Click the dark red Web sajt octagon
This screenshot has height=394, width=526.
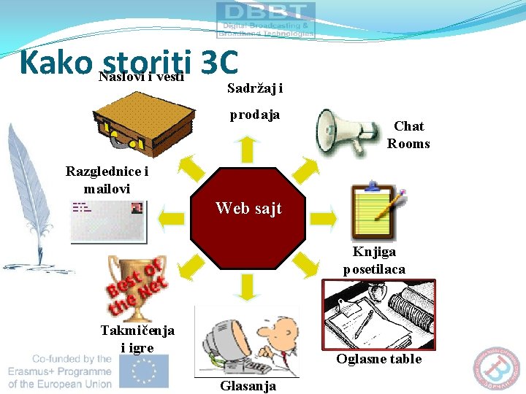tap(248, 220)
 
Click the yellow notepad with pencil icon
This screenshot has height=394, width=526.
tap(377, 211)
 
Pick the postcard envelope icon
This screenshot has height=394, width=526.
tap(107, 220)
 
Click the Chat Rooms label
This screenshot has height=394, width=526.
tap(408, 135)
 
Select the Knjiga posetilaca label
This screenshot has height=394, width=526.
tap(374, 260)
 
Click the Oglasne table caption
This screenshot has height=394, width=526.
tap(378, 358)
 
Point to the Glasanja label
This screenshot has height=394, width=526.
tap(248, 386)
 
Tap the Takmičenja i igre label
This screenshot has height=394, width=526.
tap(137, 339)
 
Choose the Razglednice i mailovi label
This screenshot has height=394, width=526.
tap(107, 179)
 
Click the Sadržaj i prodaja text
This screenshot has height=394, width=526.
tap(255, 101)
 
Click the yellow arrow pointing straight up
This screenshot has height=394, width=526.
tap(248, 149)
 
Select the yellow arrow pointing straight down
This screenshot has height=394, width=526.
tap(248, 287)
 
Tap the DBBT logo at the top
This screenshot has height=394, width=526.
tap(266, 19)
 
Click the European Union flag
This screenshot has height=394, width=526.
tap(145, 371)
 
